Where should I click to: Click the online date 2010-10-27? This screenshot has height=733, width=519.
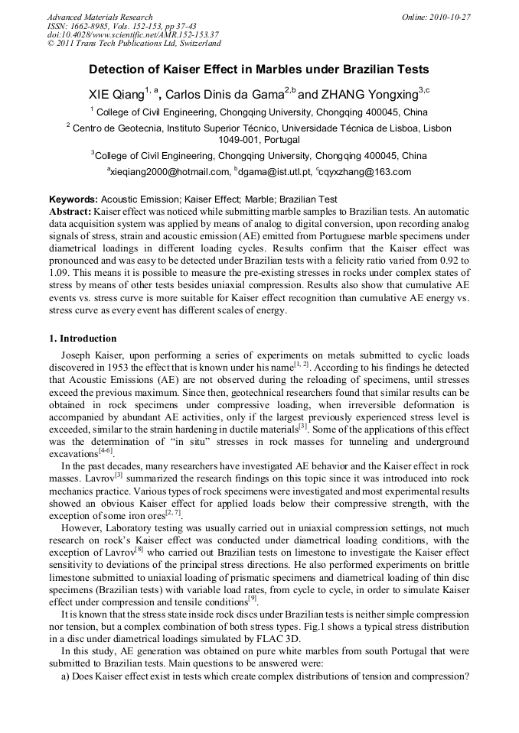450,17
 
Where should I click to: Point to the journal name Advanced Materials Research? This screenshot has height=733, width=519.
100,17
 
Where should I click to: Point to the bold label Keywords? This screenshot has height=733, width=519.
73,199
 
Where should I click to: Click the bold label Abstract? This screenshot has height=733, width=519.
70,210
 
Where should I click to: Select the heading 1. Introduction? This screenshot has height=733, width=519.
83,339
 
